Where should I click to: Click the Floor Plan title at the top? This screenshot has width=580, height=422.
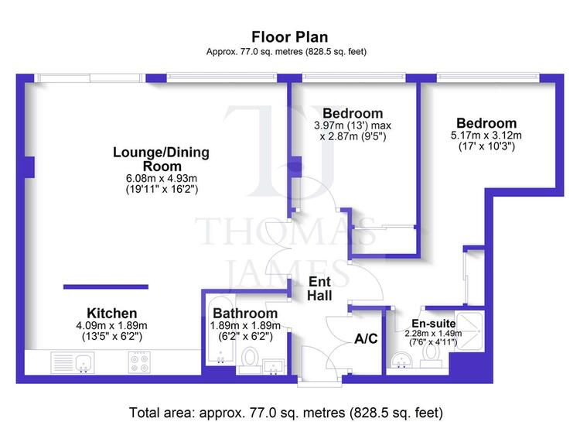[290, 37]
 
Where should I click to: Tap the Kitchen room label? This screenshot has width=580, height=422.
[111, 313]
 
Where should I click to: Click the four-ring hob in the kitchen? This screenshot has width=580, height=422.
[139, 362]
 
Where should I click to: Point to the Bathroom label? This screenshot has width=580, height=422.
[245, 313]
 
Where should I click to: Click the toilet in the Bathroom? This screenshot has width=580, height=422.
[250, 358]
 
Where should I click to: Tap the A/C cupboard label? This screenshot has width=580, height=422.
[366, 338]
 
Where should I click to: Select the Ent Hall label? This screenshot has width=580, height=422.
[319, 289]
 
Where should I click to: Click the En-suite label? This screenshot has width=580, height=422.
[434, 323]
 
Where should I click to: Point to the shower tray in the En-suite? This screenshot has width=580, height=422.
[469, 331]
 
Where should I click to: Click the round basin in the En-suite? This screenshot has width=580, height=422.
[401, 360]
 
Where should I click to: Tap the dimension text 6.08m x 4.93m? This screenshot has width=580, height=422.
[162, 178]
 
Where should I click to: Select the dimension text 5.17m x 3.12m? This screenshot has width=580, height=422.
[486, 136]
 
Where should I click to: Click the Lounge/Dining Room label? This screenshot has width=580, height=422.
[162, 159]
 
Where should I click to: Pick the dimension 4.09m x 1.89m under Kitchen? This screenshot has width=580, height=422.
[111, 326]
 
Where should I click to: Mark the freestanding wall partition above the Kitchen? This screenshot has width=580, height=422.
[106, 286]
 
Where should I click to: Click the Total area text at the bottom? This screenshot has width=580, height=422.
[286, 413]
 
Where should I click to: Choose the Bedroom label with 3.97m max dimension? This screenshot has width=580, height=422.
[353, 113]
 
